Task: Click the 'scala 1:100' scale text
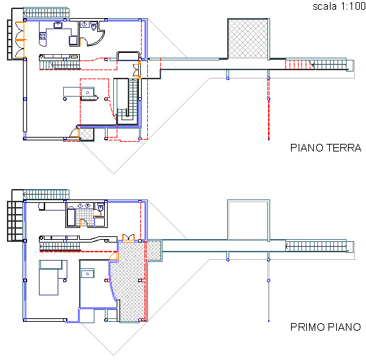339,6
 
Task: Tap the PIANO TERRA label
326,148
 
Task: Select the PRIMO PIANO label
326,327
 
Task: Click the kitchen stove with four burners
43,36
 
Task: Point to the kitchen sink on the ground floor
58,25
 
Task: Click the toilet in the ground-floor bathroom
94,26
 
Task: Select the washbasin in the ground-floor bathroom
85,24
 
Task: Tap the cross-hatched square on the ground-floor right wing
248,39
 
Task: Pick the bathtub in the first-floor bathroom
72,218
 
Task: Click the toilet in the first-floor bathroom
101,208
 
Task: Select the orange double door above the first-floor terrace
128,238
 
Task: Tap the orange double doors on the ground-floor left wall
20,40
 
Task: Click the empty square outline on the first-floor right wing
249,220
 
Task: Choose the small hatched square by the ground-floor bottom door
87,134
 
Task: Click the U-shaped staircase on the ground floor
128,101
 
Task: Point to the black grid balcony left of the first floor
16,221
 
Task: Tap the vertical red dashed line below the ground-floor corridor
269,109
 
